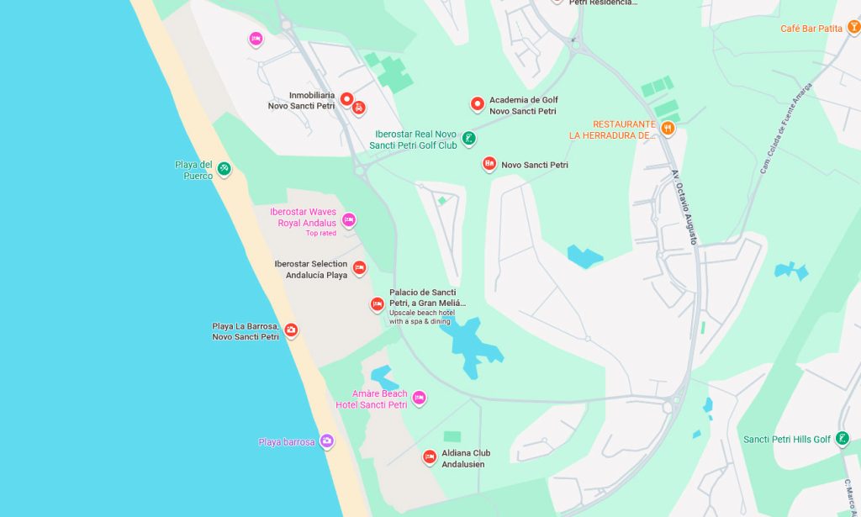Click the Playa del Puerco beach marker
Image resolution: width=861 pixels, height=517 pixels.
pos(224,169)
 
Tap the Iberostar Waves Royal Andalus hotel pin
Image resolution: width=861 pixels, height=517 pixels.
pos(349,220)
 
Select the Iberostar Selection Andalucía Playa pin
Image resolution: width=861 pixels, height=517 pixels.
pos(359,268)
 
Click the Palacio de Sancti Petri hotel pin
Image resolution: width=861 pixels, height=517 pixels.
pos(378,304)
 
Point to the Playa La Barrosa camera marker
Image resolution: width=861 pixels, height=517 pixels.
pos(291,330)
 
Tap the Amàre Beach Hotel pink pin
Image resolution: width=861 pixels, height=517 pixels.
pos(419,398)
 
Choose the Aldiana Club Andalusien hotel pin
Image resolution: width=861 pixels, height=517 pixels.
pos(430,457)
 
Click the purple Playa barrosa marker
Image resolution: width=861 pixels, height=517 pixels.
pos(327,441)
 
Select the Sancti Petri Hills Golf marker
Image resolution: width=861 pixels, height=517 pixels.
pos(842,438)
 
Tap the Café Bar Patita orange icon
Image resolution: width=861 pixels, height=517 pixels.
pos(854,28)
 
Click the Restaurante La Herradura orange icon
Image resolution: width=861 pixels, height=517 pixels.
pos(668,128)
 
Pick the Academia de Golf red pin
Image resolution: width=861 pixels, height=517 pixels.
pos(478,103)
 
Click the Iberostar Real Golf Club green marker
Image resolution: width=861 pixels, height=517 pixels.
pos(469,138)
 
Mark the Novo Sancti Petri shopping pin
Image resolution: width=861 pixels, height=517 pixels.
pos(489,163)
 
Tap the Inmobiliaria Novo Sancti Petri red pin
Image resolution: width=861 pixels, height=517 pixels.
pos(346,99)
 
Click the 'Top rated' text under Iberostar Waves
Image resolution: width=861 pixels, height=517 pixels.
pos(320,234)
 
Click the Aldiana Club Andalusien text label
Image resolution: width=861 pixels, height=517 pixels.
pos(466,459)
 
